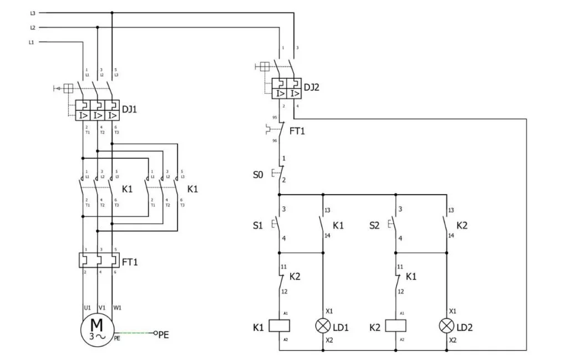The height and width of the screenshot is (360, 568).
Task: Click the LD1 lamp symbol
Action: point(323,327)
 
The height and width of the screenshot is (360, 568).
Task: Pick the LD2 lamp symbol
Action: point(447,327)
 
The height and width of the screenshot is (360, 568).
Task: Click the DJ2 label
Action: point(312,87)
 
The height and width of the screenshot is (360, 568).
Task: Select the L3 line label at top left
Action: point(33,12)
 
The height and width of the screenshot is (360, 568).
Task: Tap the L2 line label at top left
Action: point(33,27)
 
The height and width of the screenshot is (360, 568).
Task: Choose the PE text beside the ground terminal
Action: point(164,334)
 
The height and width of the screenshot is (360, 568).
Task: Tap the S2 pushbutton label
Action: point(376,226)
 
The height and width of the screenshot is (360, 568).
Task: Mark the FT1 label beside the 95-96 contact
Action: point(297,131)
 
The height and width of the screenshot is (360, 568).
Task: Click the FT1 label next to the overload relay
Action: point(130,261)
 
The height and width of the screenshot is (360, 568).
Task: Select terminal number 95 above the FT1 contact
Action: point(274,117)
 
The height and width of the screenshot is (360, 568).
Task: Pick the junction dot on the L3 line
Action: point(112,12)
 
